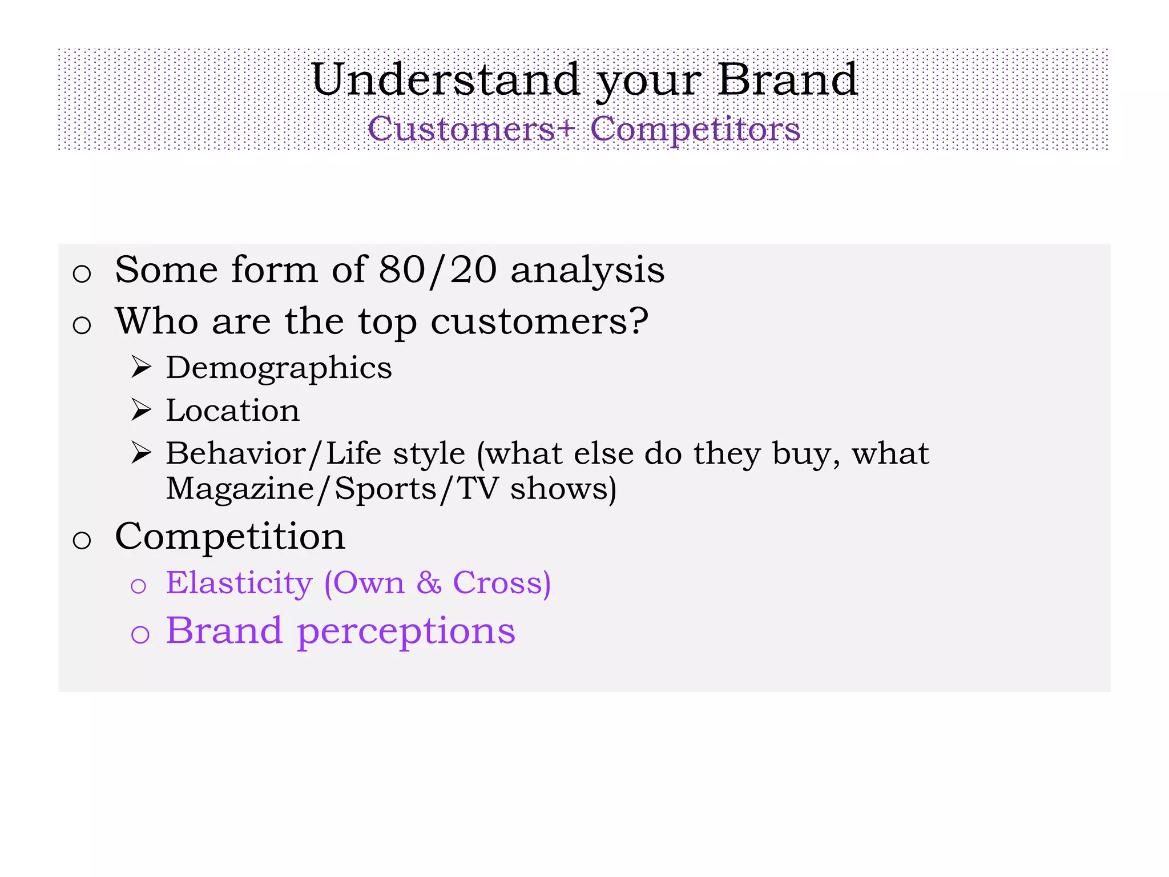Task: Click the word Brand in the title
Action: [x=787, y=80]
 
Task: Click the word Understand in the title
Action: [x=446, y=80]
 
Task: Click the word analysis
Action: [x=587, y=271]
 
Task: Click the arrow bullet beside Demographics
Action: [x=141, y=367]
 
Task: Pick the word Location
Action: [x=233, y=411]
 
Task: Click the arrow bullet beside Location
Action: [x=141, y=410]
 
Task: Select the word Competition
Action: [x=230, y=537]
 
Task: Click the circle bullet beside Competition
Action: [x=82, y=540]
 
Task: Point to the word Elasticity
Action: [x=239, y=584]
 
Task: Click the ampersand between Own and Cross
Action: [x=429, y=583]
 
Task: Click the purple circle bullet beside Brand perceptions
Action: [x=140, y=634]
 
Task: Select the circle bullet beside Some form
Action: [x=82, y=273]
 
